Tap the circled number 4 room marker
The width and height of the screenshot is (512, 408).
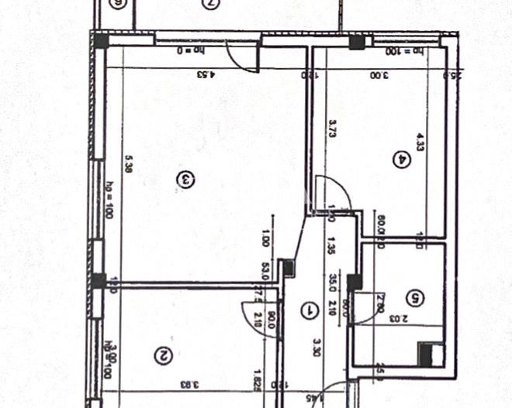402,160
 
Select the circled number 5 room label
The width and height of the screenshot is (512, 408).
416,297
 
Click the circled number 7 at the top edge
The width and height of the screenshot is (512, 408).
209,4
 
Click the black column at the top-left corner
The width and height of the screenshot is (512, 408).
101,41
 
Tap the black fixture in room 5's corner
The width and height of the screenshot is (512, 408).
426,353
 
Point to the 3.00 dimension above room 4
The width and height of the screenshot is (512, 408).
377,75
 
